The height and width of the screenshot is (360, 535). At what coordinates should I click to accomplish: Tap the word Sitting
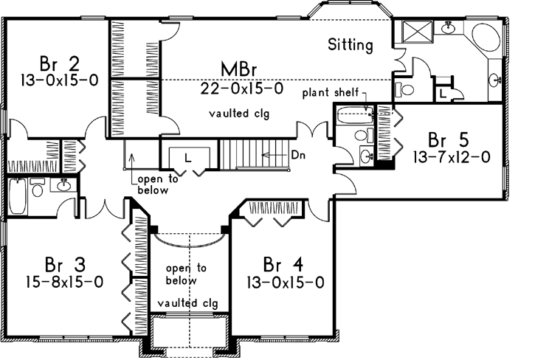351,46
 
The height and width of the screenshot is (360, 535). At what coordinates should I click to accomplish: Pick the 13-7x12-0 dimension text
451,156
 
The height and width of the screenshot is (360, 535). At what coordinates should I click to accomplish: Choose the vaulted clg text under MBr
238,114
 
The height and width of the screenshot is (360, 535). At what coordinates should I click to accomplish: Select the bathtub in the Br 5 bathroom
353,116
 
